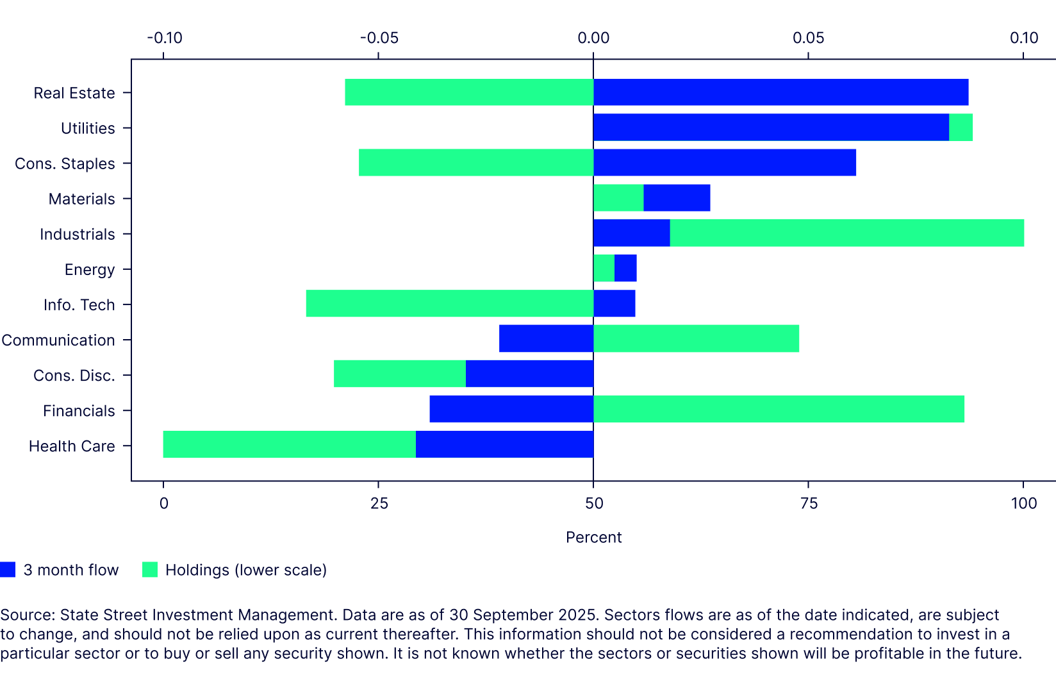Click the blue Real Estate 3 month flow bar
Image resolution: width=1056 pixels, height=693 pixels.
point(780,92)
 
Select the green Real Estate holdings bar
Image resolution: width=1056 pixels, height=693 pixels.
point(469,92)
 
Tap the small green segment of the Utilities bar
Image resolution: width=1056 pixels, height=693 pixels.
point(961,128)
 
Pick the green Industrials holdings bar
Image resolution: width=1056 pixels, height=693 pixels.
point(846,233)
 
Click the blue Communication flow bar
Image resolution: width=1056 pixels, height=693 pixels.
point(546,339)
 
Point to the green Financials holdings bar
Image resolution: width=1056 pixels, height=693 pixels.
point(779,410)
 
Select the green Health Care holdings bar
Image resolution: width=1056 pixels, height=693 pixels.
point(289,445)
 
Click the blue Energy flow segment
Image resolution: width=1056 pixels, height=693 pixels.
point(625,269)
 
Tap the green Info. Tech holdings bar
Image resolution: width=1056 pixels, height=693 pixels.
point(449,304)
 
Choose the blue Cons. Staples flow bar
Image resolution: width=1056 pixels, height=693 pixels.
point(724,163)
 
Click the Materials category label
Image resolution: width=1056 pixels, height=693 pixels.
point(81,199)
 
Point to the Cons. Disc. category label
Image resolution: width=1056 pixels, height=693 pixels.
point(74,375)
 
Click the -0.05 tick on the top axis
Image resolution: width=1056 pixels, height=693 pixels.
point(379,38)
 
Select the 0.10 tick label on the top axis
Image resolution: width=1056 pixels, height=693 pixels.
point(1023,38)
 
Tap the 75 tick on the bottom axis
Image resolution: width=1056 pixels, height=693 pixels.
point(809,503)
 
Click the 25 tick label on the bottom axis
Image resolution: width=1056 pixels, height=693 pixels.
point(379,503)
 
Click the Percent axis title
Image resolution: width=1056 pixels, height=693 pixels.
point(593,537)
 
